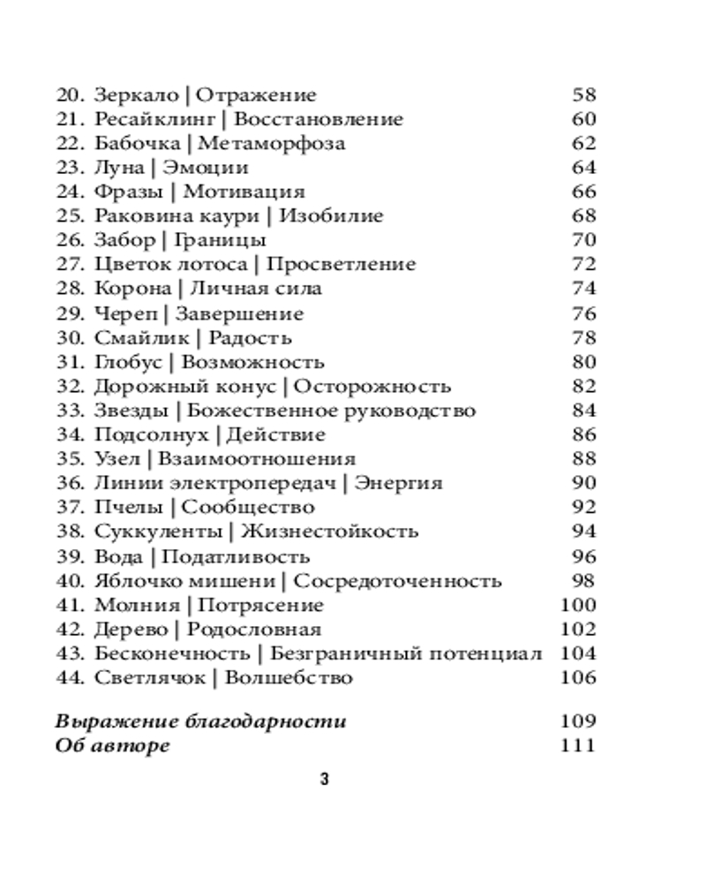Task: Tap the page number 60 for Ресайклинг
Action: tap(583, 119)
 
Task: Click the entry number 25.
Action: tap(70, 216)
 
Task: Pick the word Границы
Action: tap(221, 240)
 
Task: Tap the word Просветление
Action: tap(341, 264)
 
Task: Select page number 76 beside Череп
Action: tap(583, 313)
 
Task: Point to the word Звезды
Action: tap(132, 411)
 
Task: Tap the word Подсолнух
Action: tap(151, 434)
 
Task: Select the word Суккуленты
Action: tap(157, 532)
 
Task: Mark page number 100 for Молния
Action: tap(578, 605)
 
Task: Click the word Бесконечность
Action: tap(172, 653)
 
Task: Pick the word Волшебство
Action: tap(289, 678)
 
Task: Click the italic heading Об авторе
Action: tap(112, 746)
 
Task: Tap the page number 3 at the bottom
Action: tap(324, 780)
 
